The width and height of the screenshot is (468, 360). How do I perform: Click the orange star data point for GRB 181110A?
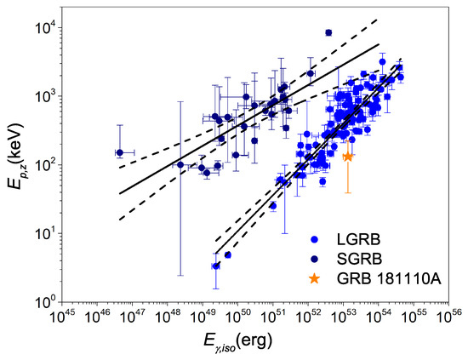[x=348, y=157]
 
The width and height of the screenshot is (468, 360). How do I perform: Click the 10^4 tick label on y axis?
[x=43, y=26]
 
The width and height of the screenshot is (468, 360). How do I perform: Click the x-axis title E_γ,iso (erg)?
[x=254, y=342]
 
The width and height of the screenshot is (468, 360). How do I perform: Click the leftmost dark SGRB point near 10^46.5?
[x=120, y=152]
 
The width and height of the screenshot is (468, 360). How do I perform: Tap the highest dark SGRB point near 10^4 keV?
[x=328, y=33]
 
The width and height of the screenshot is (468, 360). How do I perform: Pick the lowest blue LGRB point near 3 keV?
[x=215, y=266]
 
